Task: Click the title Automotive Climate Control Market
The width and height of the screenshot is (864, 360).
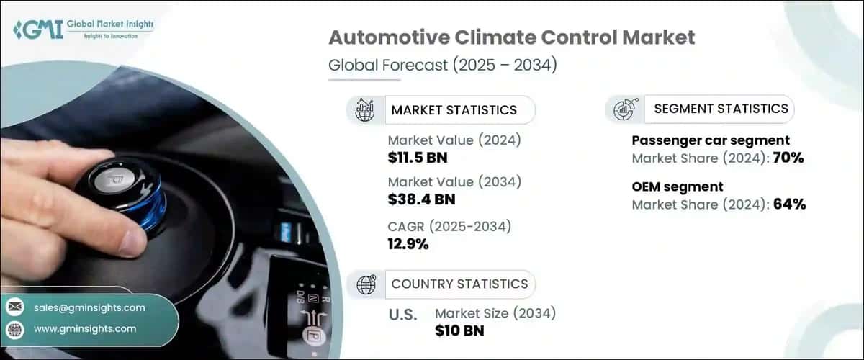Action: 512,37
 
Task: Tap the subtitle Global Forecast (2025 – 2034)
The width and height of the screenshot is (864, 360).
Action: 443,66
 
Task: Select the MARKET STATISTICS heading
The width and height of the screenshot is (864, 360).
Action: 454,110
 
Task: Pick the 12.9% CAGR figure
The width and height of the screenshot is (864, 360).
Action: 408,244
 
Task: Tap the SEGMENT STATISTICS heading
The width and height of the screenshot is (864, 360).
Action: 721,109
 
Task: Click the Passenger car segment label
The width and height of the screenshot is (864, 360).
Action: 711,140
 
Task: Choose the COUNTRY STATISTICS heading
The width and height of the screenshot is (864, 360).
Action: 459,284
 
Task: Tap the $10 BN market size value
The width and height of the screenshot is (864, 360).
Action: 459,330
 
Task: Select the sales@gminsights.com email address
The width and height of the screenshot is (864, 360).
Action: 89,307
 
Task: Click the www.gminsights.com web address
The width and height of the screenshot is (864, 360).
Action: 85,329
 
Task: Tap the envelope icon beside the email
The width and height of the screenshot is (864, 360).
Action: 14,307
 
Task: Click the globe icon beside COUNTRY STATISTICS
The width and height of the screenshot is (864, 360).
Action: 366,285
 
